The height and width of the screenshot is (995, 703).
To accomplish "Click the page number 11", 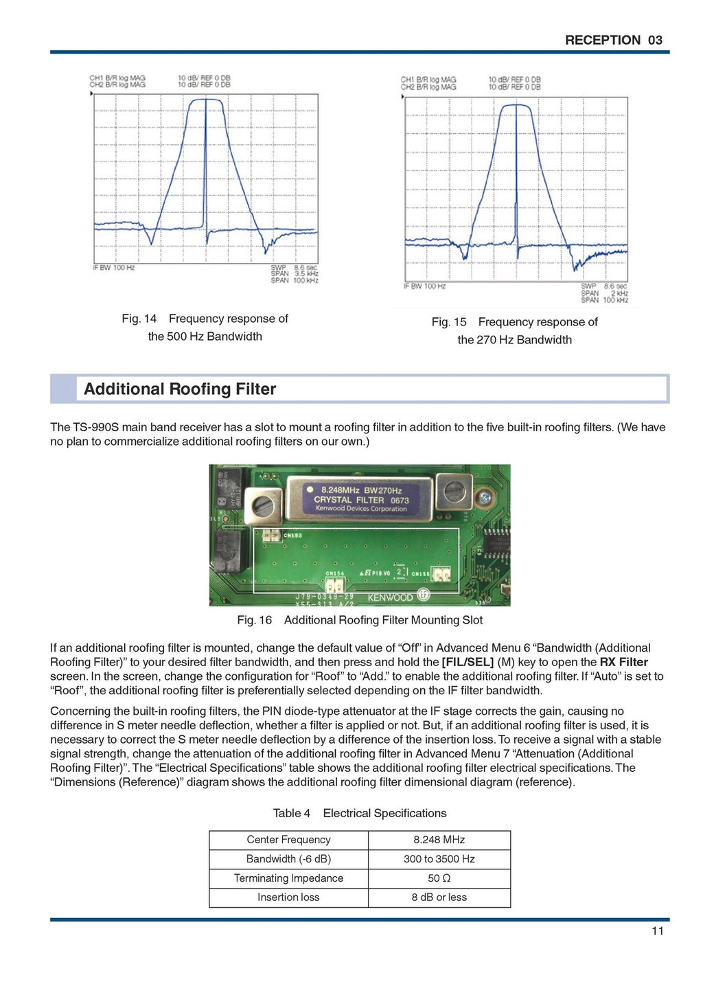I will click(x=657, y=931).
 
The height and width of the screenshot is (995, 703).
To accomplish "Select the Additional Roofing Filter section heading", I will click(x=180, y=389).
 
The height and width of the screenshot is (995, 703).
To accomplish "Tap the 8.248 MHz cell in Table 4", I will click(x=439, y=840).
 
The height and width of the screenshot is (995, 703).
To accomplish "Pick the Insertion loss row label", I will click(x=288, y=897).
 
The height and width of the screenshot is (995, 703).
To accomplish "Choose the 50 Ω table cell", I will click(x=439, y=878).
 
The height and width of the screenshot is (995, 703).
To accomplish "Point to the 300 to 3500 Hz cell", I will click(x=439, y=859).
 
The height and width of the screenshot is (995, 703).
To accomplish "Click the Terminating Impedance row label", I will click(x=288, y=878).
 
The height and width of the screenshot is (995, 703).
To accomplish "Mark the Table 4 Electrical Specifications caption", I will click(x=359, y=813).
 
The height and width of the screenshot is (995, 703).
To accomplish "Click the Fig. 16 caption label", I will click(x=254, y=620).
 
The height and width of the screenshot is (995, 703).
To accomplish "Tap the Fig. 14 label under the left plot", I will click(x=139, y=319).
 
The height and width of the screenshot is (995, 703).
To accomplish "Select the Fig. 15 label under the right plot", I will click(x=448, y=322).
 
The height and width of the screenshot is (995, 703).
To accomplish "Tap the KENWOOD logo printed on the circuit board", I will click(x=390, y=597).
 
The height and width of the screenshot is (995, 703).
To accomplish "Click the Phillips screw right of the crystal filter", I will click(x=485, y=497).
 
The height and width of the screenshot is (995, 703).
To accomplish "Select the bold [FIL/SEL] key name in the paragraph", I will click(x=468, y=662).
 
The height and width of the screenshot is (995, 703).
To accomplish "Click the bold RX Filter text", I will click(x=623, y=662).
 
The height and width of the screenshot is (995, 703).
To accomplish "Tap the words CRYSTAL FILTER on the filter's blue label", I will click(x=349, y=500).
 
